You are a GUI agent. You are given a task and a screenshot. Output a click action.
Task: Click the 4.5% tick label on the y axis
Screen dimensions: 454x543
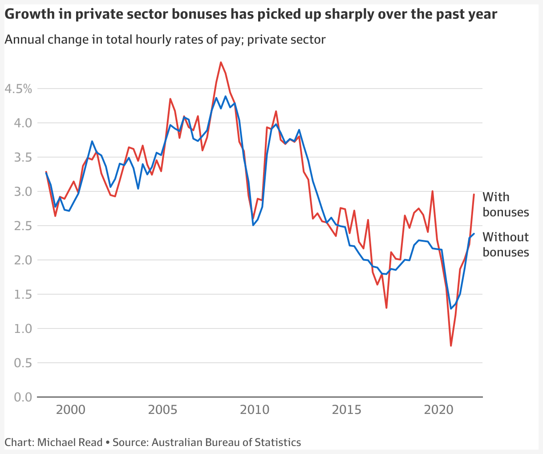[18, 89]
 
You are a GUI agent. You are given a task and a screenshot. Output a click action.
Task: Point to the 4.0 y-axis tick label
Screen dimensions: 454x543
[23, 123]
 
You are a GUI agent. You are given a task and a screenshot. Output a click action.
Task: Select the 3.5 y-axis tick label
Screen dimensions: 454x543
[23, 158]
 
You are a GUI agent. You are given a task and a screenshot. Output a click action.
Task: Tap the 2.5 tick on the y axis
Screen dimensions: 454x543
[23, 226]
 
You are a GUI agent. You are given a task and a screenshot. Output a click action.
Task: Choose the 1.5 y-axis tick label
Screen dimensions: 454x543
[23, 295]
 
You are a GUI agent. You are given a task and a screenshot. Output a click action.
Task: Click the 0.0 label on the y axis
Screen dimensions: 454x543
[23, 397]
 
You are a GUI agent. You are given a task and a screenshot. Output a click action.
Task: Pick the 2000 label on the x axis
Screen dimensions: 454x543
[71, 409]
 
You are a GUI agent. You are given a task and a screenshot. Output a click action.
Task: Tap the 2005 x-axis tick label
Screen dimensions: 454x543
[163, 409]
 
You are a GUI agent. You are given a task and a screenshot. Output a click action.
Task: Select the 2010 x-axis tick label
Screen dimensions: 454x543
[255, 409]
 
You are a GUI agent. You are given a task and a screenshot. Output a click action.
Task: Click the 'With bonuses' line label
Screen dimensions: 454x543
[506, 204]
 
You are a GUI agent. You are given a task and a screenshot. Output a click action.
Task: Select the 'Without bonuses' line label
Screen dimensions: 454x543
[506, 244]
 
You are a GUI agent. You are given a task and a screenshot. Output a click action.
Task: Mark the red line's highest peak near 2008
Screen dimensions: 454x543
[221, 62]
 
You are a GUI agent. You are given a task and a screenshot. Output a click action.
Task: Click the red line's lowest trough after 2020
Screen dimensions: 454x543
[451, 346]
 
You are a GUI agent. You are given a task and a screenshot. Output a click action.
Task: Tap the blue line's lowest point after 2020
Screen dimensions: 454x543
[451, 308]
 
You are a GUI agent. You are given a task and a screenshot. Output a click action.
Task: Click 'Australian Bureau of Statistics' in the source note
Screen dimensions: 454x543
[226, 442]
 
